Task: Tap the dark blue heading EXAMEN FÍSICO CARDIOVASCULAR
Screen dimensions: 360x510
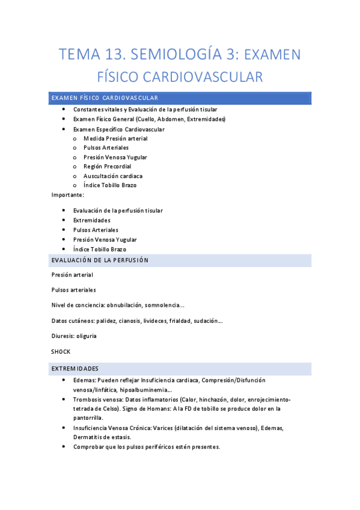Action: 105,98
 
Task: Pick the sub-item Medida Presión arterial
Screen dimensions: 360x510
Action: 115,138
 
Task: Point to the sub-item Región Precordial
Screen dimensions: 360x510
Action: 107,166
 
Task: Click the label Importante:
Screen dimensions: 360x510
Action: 68,195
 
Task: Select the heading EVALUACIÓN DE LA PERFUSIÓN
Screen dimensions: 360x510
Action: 100,260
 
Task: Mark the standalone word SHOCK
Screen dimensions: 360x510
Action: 61,351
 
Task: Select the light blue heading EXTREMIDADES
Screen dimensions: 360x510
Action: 75,368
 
